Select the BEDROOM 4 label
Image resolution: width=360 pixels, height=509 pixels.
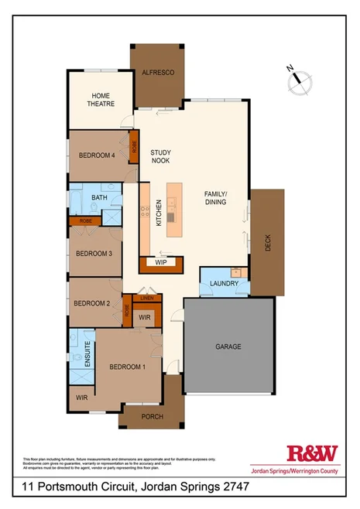point(97,155)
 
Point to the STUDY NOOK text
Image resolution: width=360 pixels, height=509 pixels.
point(160,156)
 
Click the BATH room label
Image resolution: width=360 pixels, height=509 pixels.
point(100,198)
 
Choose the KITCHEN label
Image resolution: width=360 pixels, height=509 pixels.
point(159,212)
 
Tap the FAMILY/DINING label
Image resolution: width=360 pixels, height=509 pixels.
point(215,197)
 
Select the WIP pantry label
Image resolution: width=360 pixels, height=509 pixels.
point(161,262)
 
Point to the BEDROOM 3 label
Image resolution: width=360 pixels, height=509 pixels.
point(94,253)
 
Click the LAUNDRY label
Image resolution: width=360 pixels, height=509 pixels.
point(225,285)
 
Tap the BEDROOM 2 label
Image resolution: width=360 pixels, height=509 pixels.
point(92,303)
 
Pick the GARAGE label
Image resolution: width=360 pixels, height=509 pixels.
point(228,347)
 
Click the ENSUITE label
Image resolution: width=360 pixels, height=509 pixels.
point(87,353)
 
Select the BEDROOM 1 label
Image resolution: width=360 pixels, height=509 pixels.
point(127,366)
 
